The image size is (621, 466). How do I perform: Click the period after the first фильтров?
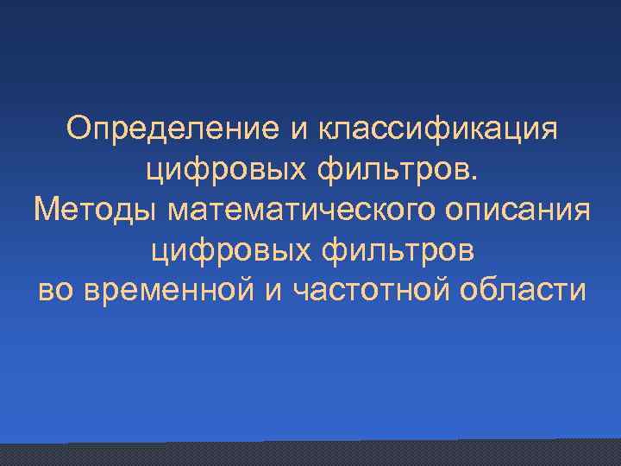(470, 177)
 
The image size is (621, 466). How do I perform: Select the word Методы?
(96, 211)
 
